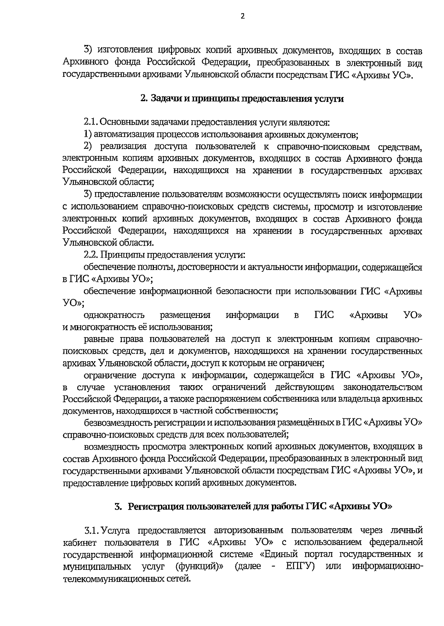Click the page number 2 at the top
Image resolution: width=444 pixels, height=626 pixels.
click(243, 16)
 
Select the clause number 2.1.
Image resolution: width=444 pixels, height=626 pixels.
click(91, 122)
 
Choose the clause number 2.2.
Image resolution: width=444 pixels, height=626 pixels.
click(91, 255)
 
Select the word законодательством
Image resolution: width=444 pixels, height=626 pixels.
click(383, 387)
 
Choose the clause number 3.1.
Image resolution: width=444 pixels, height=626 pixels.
click(91, 530)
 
